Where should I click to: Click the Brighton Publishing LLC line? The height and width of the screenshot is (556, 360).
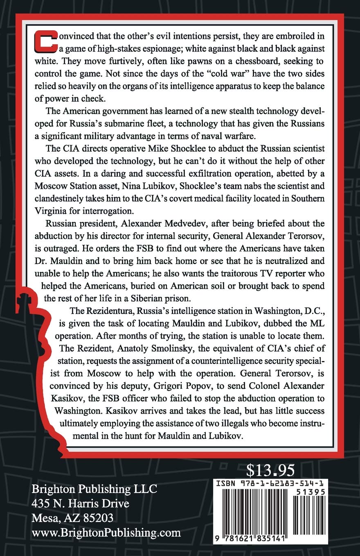[94, 489]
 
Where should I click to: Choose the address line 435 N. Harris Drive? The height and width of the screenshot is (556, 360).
[81, 504]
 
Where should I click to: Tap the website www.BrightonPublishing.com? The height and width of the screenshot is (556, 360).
[106, 533]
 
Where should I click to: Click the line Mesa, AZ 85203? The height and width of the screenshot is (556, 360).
[72, 518]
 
